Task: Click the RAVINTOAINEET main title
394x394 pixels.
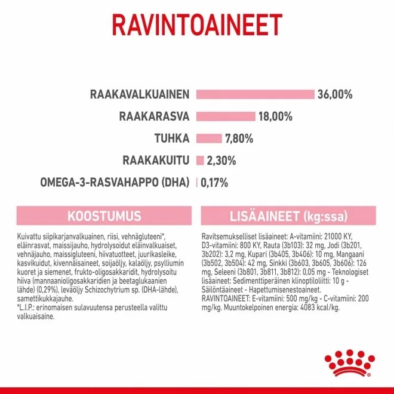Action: (x=197, y=26)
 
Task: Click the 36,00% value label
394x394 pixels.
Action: (x=335, y=94)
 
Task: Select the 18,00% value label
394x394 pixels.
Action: (x=276, y=116)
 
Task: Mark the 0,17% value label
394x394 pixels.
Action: (x=214, y=183)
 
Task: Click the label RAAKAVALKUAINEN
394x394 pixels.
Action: (x=140, y=94)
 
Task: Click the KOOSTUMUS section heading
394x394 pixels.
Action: (x=104, y=216)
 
